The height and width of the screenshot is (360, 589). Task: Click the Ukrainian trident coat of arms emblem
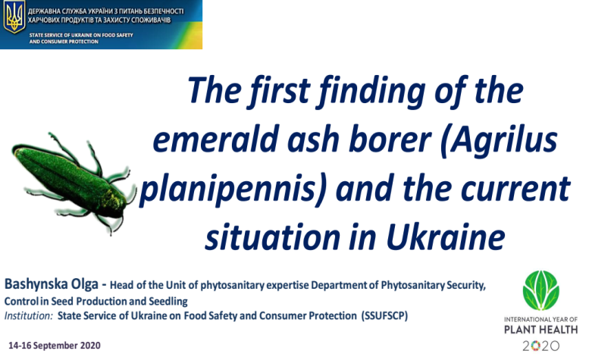coord(14,17)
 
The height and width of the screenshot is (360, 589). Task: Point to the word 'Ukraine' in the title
coord(446,237)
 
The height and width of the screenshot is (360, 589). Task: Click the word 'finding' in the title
coord(372,91)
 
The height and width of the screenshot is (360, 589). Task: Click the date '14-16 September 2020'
coord(55,346)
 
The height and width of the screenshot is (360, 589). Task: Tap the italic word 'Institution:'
coord(29,316)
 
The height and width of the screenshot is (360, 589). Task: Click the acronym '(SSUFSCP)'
coord(384,316)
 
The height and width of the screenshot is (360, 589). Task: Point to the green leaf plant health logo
coord(541,290)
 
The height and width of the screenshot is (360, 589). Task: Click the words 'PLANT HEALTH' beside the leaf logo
coord(541,330)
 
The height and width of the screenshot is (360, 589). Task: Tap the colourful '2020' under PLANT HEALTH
coord(541,346)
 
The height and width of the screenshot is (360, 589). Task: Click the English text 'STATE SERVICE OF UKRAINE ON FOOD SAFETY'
coord(81,35)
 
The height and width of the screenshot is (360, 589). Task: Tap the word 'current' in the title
coord(515,189)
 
